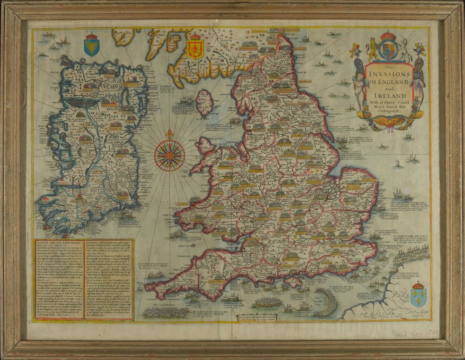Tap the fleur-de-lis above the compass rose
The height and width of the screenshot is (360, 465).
point(169,134)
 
